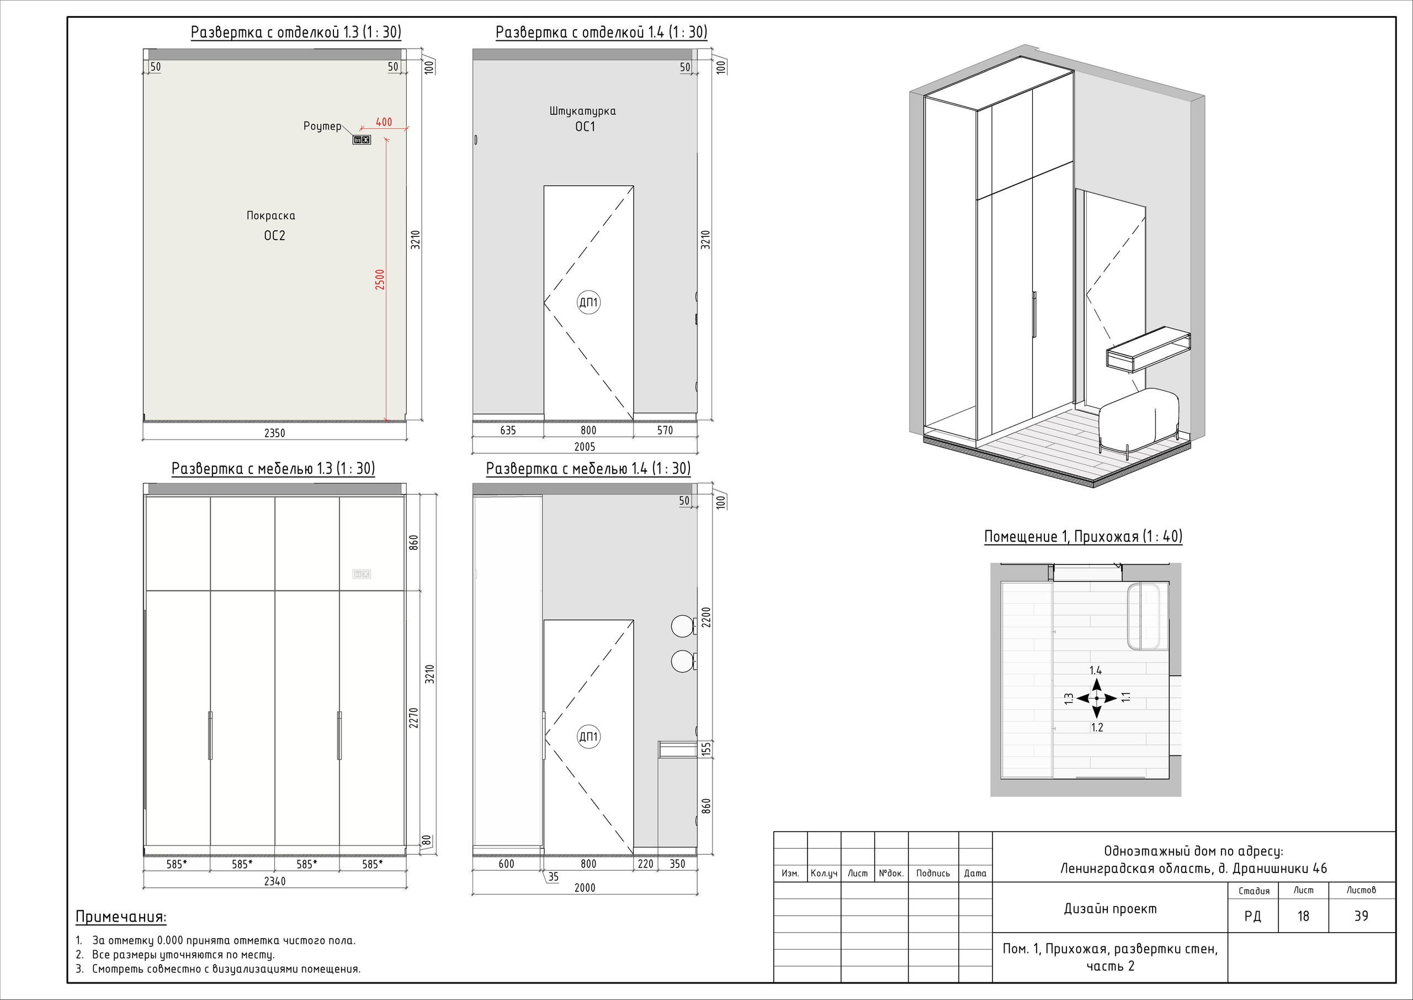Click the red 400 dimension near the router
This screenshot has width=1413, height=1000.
click(384, 122)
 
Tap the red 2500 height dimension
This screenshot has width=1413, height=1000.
click(380, 279)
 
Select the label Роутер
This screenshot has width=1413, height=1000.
click(322, 126)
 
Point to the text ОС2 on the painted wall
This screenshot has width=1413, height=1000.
click(274, 235)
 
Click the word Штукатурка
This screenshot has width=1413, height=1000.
click(582, 111)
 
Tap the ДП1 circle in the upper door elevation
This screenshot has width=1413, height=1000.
click(588, 303)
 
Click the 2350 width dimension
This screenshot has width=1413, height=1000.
click(274, 433)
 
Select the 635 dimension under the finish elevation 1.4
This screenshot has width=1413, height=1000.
click(508, 430)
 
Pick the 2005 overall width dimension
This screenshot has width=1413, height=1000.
click(585, 446)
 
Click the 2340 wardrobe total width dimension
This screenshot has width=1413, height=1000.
click(274, 881)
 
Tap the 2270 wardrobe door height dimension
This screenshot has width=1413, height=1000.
click(414, 718)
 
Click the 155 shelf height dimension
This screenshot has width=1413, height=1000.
click(706, 749)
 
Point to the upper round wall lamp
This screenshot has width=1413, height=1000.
click(682, 626)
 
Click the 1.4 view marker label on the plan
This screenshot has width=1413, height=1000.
click(1096, 670)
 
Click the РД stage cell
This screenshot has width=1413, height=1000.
click(1252, 916)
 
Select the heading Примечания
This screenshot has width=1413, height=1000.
click(121, 917)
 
